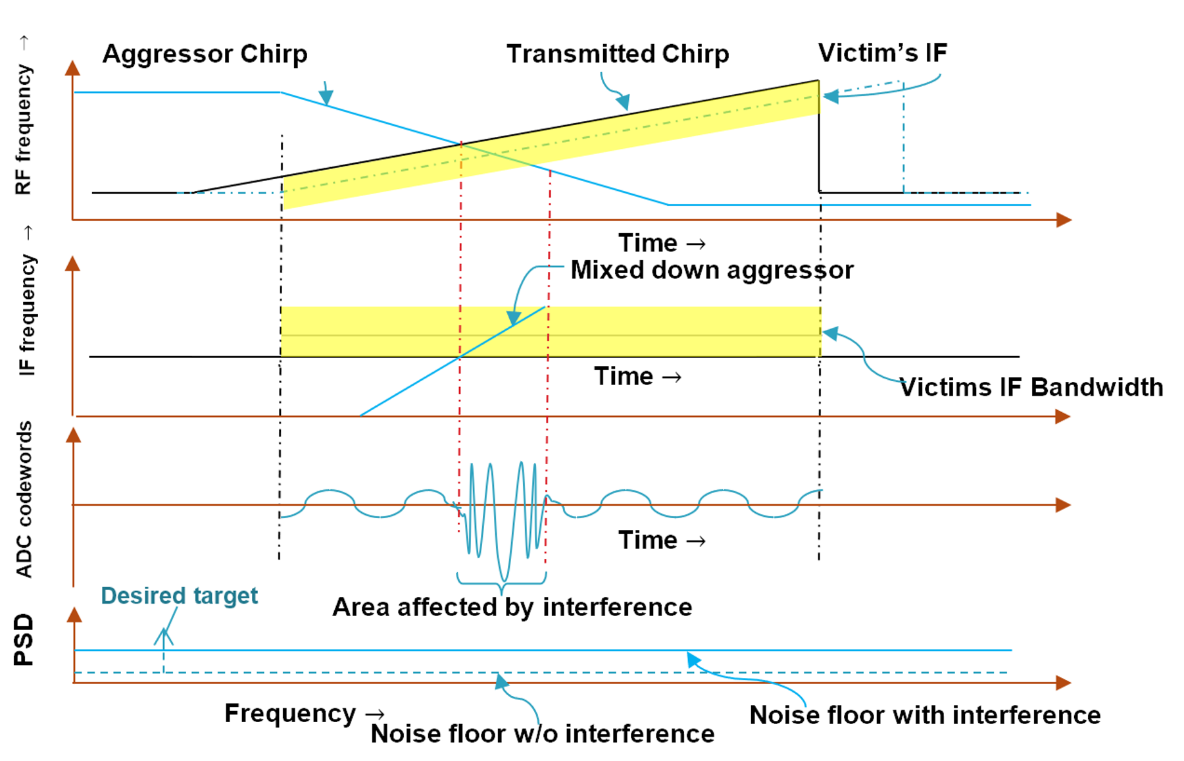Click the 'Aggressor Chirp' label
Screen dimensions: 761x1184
coord(205,54)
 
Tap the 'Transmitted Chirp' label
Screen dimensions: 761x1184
coord(617,54)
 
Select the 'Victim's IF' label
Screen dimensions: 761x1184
coord(882,53)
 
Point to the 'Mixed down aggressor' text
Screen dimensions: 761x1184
coord(712,270)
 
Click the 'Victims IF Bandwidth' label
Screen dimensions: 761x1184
coord(1031,387)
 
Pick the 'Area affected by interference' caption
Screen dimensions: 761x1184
coord(512,607)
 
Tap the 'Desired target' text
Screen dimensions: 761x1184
coord(179,595)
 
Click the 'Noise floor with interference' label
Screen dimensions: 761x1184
coord(925,715)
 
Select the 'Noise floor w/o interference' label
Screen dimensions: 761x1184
coord(543,733)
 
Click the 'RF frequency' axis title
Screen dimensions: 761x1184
coord(23,128)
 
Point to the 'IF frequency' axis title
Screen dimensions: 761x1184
coord(26,315)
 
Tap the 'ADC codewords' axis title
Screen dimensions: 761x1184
coord(24,500)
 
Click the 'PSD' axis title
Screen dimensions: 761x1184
coord(24,640)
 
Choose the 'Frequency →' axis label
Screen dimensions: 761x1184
coord(304,713)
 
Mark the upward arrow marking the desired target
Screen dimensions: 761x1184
coord(164,639)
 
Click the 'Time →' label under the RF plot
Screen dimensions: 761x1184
coord(661,243)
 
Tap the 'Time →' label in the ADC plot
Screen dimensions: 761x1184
coord(661,540)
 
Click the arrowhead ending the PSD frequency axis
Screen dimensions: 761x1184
coord(1063,683)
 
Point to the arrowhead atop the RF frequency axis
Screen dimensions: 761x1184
coord(73,68)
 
